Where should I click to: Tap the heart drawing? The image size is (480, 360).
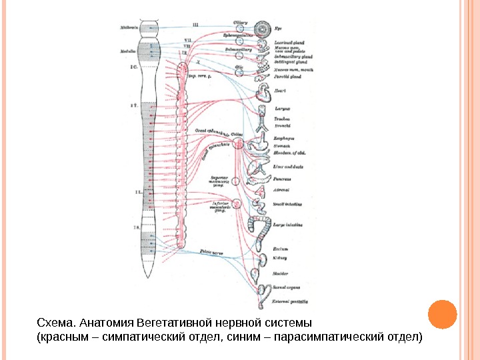264,91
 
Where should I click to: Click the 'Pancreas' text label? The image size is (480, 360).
283,179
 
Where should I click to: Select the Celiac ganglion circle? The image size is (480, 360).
237,142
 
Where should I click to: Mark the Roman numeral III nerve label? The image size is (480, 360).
195,25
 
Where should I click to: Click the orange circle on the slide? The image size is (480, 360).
441,315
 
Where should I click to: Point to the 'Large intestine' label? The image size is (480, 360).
289,225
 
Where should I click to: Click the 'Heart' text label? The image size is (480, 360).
281,91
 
